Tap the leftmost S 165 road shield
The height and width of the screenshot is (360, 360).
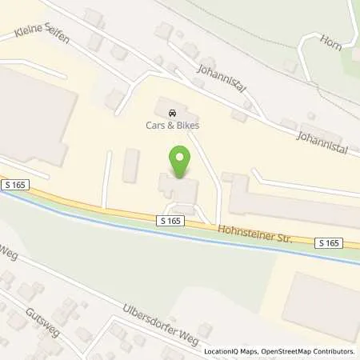pos(15,185)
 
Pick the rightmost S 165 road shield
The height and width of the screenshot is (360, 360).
pos(328,242)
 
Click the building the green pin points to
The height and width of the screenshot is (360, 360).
pos(179,190)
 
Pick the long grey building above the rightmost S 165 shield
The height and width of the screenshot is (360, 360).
pos(292,204)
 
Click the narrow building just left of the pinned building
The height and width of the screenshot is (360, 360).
pos(131,165)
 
